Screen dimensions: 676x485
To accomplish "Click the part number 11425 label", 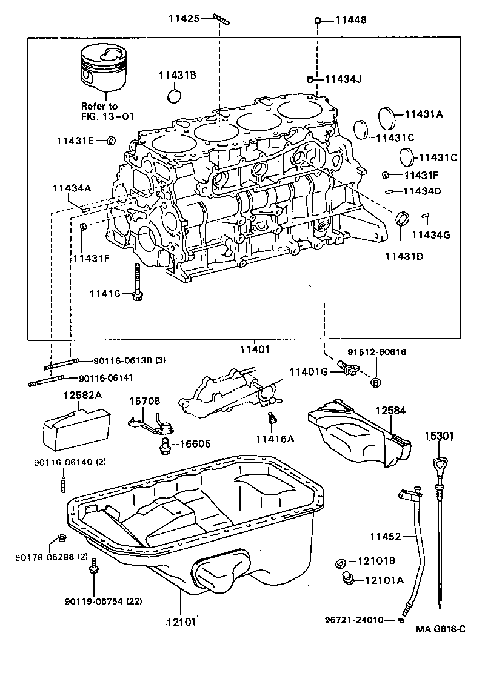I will click(183, 19).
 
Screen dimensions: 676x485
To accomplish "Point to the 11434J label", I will click(343, 79).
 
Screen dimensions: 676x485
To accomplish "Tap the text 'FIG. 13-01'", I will click(107, 116).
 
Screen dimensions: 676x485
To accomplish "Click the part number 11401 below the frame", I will click(254, 350).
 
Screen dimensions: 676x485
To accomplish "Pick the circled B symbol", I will click(375, 382).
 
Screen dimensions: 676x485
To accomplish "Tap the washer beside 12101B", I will click(341, 564).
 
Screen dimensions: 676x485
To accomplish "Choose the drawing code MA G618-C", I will click(440, 629).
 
